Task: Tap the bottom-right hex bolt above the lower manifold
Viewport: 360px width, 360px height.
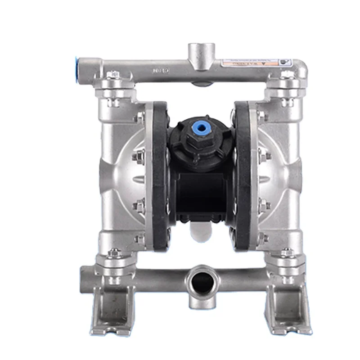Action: (285, 253)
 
